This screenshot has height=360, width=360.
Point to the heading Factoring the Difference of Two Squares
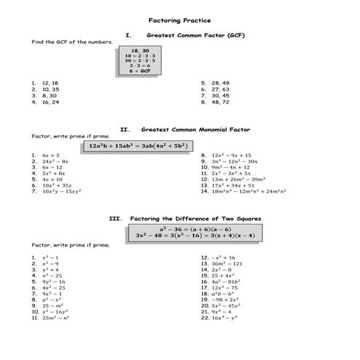pos(195,218)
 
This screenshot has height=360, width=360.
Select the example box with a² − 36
pos(195,232)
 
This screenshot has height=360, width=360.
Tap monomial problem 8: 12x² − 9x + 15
pos(231,155)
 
